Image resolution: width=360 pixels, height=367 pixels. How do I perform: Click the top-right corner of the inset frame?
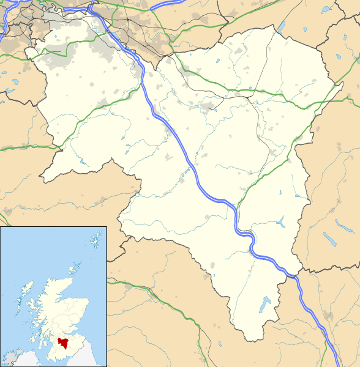point(107,227)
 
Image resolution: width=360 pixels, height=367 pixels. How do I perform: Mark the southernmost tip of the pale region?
point(248,341)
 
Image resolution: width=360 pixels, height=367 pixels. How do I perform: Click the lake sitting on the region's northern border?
point(282,27)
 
